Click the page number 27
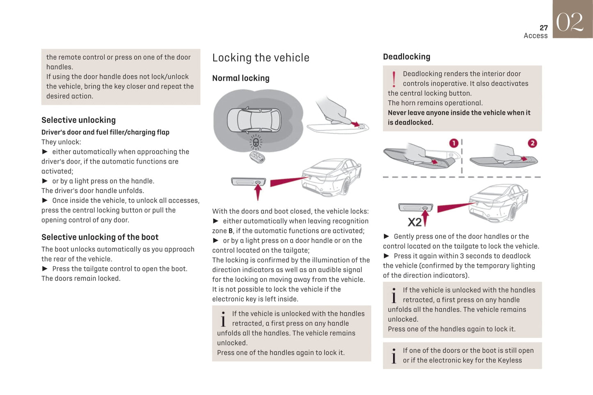point(543,28)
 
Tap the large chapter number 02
point(570,22)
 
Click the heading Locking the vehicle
point(261,58)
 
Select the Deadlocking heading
point(406,57)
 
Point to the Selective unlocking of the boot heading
point(100,237)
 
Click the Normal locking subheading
point(240,78)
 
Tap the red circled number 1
point(453,143)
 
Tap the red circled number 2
point(532,143)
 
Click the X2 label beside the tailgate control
point(414,222)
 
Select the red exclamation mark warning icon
point(394,79)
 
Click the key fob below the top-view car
point(257,157)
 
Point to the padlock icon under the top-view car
point(256,143)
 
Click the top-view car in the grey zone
point(254,120)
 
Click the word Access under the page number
point(536,36)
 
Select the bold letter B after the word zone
point(231,231)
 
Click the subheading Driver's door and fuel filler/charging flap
point(105,132)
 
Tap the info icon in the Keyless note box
point(394,356)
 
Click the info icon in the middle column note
point(223,319)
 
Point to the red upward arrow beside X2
point(425,216)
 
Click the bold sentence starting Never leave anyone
point(459,118)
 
